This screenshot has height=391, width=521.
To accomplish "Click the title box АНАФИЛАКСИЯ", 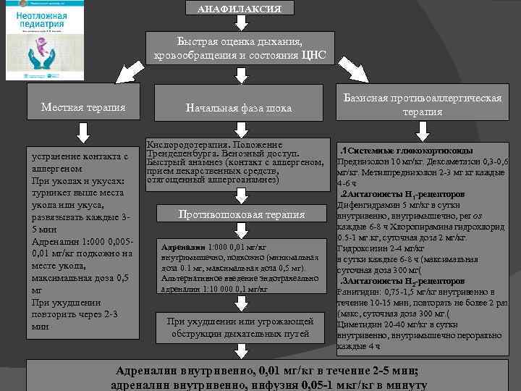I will [239, 9].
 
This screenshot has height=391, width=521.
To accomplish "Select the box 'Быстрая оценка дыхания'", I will [239, 48].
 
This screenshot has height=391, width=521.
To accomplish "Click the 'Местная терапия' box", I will [83, 107].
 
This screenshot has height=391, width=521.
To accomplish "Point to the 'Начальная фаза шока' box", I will [239, 108].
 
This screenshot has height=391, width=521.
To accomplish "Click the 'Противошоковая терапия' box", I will [242, 214].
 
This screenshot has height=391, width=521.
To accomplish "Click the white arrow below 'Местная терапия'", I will [83, 133].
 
